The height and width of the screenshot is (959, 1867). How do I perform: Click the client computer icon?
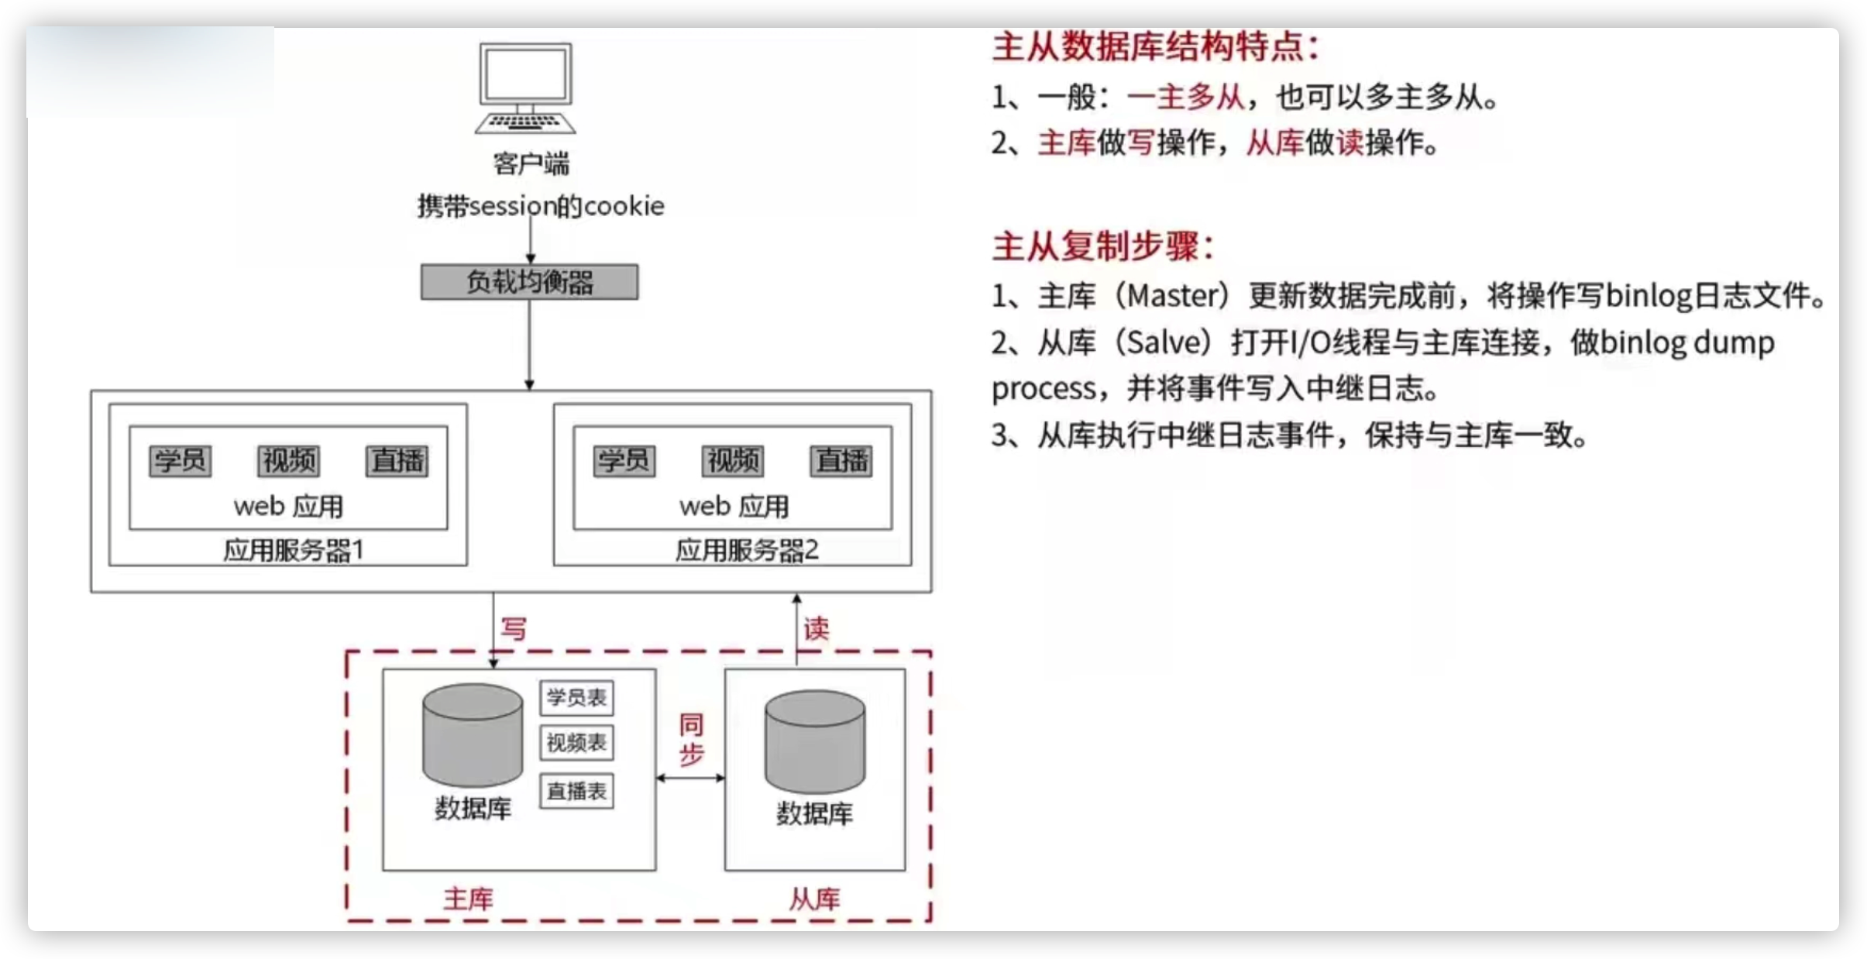pos(526,88)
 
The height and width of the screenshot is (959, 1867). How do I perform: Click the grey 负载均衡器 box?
pos(530,282)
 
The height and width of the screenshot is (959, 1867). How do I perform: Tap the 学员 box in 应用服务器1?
pos(180,461)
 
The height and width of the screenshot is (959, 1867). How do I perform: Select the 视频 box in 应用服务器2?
pos(733,461)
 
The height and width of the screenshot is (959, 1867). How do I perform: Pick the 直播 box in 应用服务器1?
pos(397,461)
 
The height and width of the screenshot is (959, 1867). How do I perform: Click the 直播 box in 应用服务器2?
pos(841,461)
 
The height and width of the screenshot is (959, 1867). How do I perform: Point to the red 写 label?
pos(514,628)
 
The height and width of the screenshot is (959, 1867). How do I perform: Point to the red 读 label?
pos(817,628)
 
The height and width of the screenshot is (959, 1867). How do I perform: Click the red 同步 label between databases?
pos(692,739)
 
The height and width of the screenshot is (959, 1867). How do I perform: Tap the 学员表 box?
pos(576,697)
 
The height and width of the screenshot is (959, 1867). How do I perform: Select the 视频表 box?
pos(576,743)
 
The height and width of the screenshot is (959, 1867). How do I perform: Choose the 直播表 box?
pos(576,791)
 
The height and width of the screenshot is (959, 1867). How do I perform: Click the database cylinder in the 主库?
pos(473,735)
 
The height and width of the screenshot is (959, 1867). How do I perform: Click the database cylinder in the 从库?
pos(815,742)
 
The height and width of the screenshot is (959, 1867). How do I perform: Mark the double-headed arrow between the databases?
pos(690,778)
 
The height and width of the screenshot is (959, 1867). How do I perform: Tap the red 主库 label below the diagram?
pos(468,899)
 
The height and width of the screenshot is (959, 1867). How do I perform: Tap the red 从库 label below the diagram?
pos(814,899)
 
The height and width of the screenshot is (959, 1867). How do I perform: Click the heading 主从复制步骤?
pos(1103,246)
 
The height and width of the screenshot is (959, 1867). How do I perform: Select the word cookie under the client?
pos(624,206)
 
